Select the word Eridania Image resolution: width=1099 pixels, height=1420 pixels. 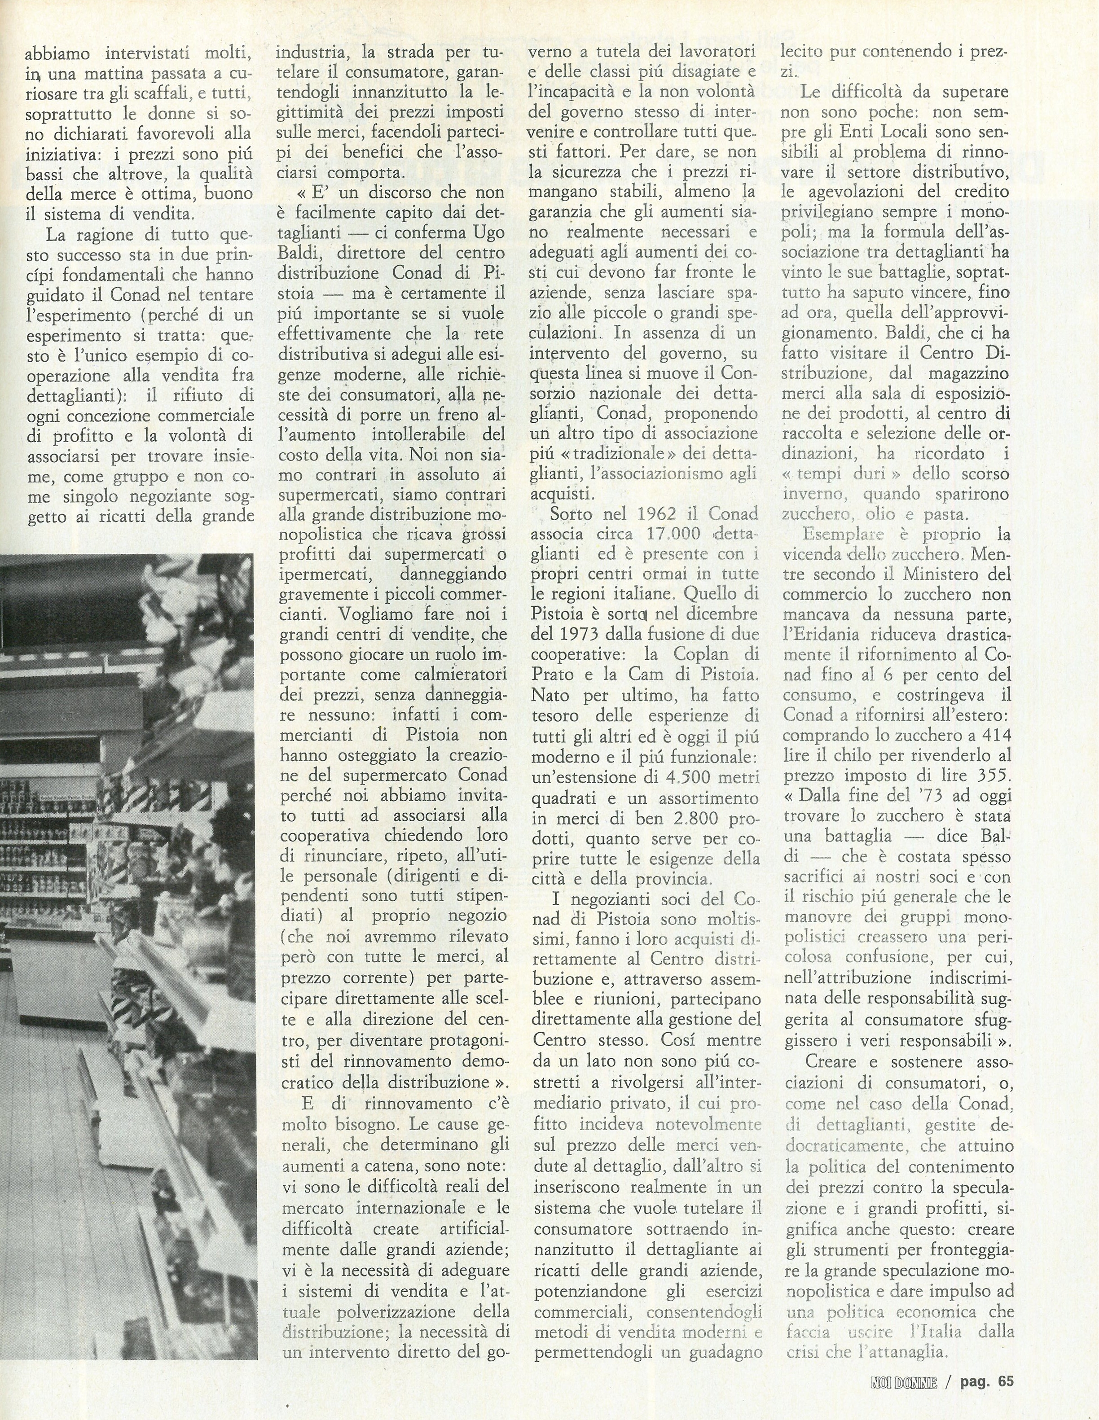(844, 635)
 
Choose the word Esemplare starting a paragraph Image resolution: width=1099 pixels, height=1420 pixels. (843, 535)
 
